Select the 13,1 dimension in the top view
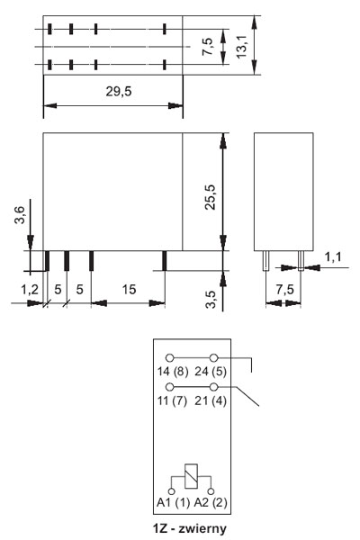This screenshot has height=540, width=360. [241, 46]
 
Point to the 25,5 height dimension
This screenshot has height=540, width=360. [210, 197]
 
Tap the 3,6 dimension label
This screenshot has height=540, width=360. [20, 215]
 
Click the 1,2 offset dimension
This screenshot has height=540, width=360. [30, 289]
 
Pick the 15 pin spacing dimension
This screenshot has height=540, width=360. [129, 289]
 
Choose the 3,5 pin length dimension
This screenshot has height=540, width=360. [210, 300]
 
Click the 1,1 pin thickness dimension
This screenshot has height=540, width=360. [333, 256]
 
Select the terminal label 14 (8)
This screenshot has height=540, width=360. [173, 371]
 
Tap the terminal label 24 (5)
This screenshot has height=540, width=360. [211, 371]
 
